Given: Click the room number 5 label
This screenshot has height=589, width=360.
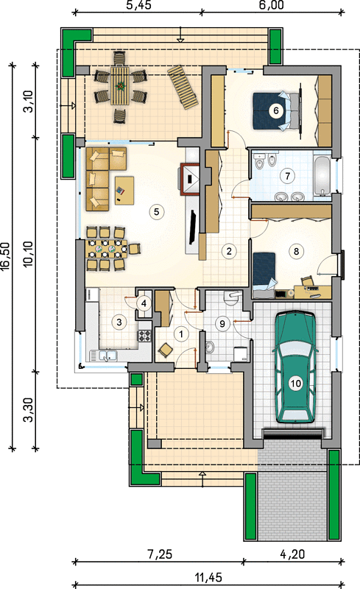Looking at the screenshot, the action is [156, 212].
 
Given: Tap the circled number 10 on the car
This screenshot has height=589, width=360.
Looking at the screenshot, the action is [296, 384].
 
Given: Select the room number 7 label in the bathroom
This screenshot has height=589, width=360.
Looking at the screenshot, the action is [287, 176].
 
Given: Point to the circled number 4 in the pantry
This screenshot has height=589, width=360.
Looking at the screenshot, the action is [144, 303].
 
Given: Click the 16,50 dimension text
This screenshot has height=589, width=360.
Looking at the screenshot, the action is [5, 255].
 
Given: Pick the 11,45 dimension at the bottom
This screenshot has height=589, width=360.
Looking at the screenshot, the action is [208, 576].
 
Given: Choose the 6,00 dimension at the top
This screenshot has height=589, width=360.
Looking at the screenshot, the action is [272, 5].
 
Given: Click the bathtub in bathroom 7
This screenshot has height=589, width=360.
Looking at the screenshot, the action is [322, 175].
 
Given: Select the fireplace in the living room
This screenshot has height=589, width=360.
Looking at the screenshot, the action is [190, 179].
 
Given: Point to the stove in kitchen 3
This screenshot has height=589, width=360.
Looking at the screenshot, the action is [144, 336].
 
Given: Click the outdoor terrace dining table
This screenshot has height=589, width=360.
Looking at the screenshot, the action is [120, 85].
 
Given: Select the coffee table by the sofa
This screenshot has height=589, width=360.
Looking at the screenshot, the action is [124, 191].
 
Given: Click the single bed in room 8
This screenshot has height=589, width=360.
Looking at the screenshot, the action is [264, 271].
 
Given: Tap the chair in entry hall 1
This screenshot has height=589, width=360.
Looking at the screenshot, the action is [166, 350].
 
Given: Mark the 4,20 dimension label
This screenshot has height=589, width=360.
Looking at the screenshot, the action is [292, 554].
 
